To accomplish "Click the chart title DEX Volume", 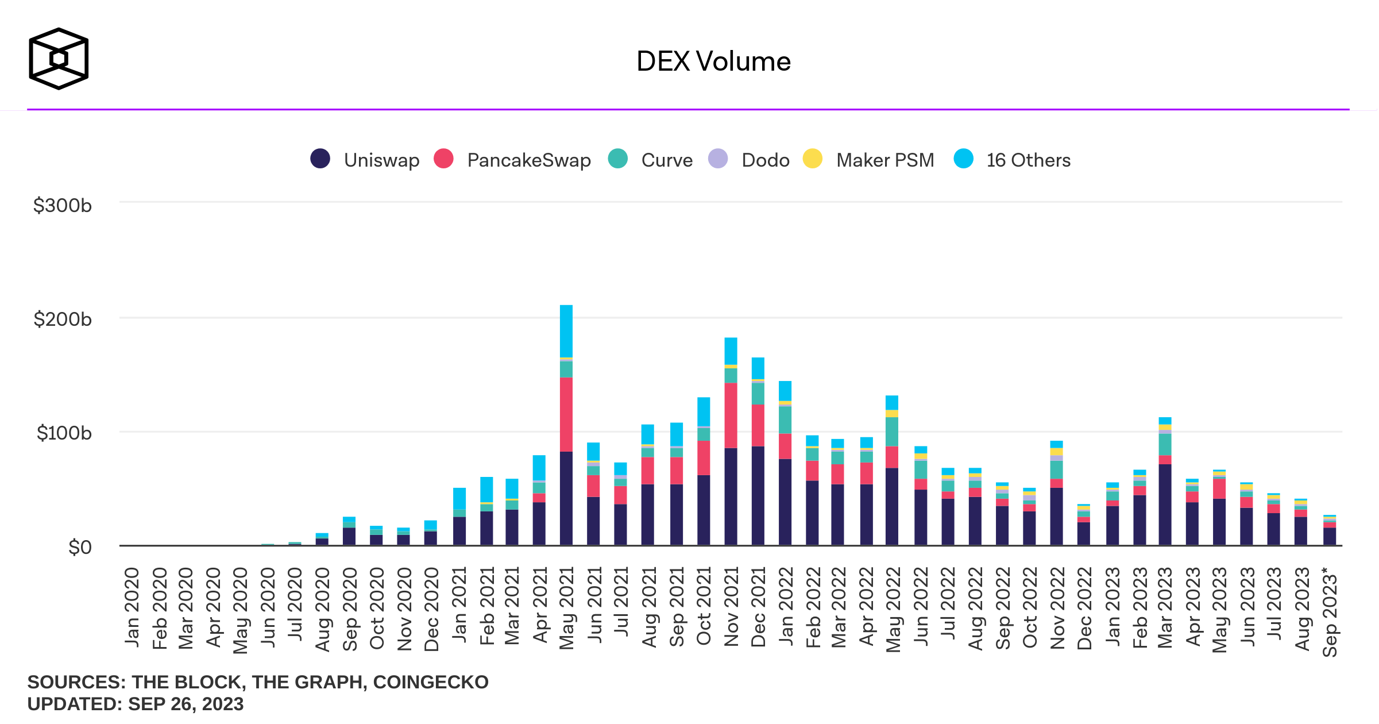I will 713,61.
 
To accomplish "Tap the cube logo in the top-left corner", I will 59,59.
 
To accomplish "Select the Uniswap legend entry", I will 365,160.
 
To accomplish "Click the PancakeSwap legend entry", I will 512,160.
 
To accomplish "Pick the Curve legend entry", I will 651,160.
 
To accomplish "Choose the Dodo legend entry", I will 750,160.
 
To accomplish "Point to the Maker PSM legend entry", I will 869,160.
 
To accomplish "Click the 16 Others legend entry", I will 1012,160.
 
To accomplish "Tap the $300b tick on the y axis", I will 63,205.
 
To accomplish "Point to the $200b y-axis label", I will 63,319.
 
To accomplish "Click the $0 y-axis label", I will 80,547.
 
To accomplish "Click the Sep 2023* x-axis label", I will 1330,611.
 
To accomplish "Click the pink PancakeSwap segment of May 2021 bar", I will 566,414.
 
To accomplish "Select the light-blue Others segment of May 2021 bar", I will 566,331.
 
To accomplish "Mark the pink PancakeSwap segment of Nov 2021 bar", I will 731,415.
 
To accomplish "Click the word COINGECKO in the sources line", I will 431,682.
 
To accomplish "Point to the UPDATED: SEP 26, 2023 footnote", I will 136,704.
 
